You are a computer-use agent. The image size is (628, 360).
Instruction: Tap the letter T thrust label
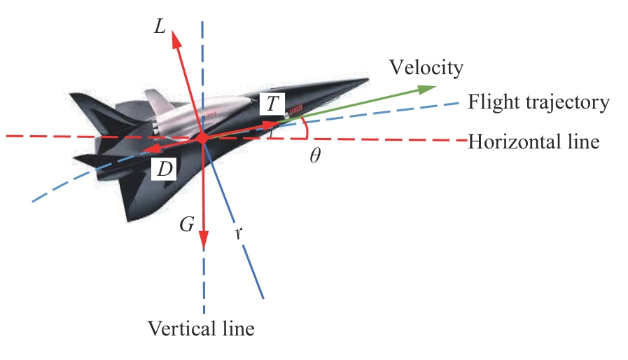click(272, 104)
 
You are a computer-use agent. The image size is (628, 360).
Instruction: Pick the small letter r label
click(239, 234)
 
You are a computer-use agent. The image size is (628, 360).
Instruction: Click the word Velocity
click(426, 67)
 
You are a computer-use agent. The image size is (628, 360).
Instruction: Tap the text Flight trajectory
click(538, 102)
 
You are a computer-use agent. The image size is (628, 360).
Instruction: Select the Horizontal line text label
click(533, 141)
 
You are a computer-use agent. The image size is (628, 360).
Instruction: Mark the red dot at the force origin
click(202, 139)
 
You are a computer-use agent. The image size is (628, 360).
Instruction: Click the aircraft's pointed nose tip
click(367, 76)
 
